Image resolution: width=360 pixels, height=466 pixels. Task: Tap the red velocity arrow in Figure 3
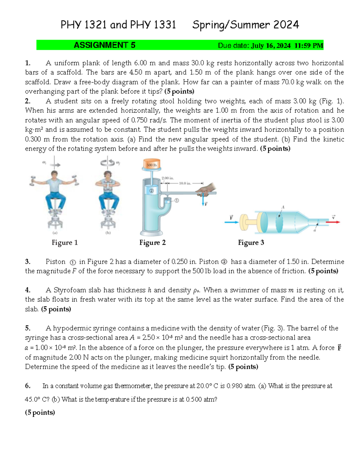click(333, 222)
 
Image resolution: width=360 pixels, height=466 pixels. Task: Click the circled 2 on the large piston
click(151, 191)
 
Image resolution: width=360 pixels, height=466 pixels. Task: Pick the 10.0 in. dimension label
click(185, 183)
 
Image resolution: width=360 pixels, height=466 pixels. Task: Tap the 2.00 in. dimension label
click(167, 178)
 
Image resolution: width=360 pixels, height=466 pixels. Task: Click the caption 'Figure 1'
click(64, 242)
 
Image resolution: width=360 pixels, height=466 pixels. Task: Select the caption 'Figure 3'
click(251, 242)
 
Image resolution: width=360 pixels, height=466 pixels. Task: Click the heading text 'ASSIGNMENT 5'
click(104, 45)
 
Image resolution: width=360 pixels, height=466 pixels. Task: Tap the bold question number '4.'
click(28, 290)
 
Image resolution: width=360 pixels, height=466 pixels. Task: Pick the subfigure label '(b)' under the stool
click(108, 233)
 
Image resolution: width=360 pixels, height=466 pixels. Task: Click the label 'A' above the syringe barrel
click(283, 207)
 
